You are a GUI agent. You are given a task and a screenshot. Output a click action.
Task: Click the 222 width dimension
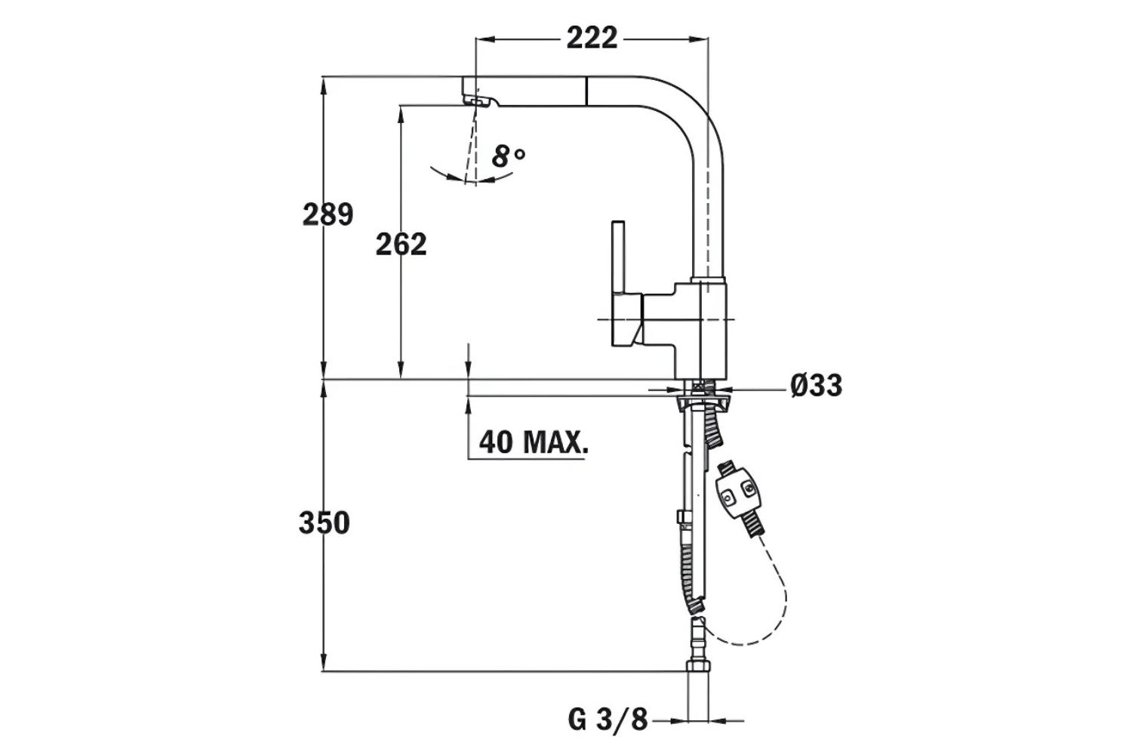pos(592,38)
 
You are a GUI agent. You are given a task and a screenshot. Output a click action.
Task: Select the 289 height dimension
pos(328,215)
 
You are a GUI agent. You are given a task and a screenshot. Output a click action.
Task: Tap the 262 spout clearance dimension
pos(401,244)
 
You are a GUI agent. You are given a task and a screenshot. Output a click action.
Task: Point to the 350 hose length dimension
pos(324,522)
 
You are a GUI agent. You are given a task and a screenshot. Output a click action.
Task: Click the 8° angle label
pos(508,156)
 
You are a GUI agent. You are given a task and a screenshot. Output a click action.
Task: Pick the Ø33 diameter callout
pos(816,386)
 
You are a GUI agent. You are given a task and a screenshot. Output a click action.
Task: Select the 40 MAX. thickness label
pos(533,442)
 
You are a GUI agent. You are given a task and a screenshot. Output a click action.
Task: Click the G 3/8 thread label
pos(608,720)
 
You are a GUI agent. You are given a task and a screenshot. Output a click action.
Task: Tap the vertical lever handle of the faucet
pos(618,257)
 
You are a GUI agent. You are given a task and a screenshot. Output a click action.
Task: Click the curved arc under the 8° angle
pos(468,178)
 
